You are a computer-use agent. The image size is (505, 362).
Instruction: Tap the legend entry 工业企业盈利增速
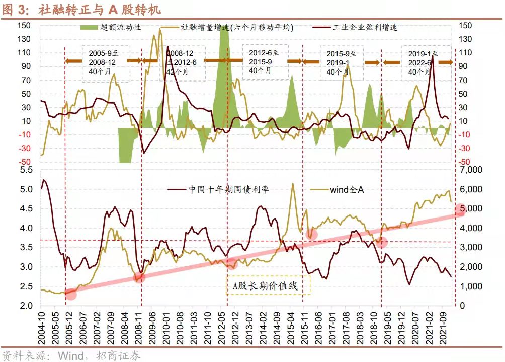coord(365,27)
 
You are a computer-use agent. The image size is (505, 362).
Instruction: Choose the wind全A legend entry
coord(347,190)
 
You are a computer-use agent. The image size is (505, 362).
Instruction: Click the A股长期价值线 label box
coord(268,286)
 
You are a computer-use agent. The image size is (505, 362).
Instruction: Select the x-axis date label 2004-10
coord(43,327)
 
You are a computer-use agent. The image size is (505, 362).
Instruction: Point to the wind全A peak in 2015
coord(293,184)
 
